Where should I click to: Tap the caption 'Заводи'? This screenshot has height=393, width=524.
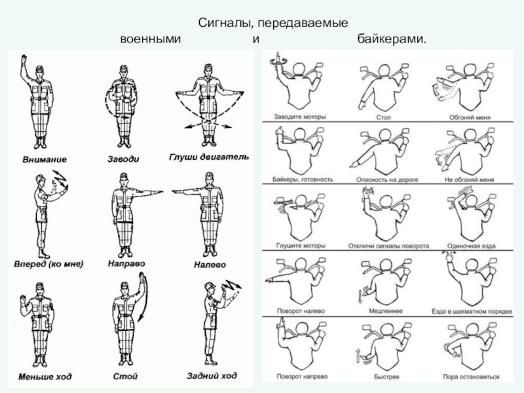pos(123,159)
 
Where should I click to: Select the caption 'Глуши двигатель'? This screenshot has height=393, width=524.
pos(208,157)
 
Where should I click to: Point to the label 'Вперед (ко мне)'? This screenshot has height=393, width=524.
pos(48,265)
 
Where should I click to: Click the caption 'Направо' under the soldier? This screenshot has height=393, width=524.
pos(125,264)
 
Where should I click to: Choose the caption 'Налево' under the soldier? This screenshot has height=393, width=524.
pos(210,265)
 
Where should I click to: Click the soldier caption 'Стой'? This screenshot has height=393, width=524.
pos(124,377)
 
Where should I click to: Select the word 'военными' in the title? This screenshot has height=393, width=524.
pos(149,41)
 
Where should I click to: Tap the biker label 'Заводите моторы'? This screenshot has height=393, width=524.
pos(301,117)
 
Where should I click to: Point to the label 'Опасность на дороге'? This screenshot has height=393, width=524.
pos(384,179)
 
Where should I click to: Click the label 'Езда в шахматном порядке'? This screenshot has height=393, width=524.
pos(471,310)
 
